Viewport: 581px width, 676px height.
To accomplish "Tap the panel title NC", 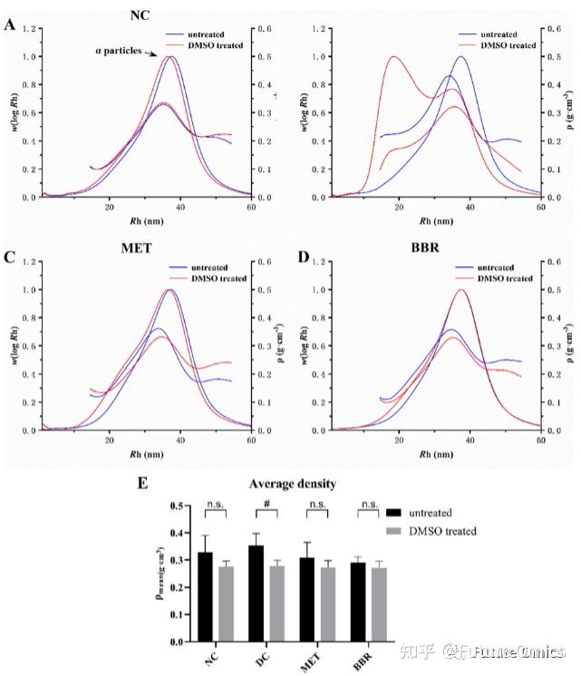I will [140, 16].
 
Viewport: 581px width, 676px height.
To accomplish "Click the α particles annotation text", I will [119, 51].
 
